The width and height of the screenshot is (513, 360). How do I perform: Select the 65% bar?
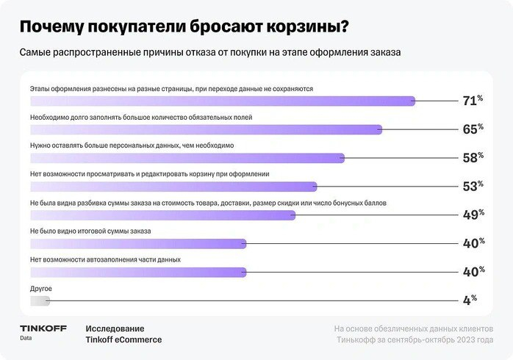tap(206, 129)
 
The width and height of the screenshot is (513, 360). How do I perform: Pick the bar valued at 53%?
tap(173, 187)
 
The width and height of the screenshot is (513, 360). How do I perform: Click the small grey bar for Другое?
tap(40, 300)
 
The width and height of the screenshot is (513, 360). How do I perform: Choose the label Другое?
tap(41, 289)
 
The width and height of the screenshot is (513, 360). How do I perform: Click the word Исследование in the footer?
tap(115, 328)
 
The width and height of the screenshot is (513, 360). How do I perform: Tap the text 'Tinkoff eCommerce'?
tap(123, 339)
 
